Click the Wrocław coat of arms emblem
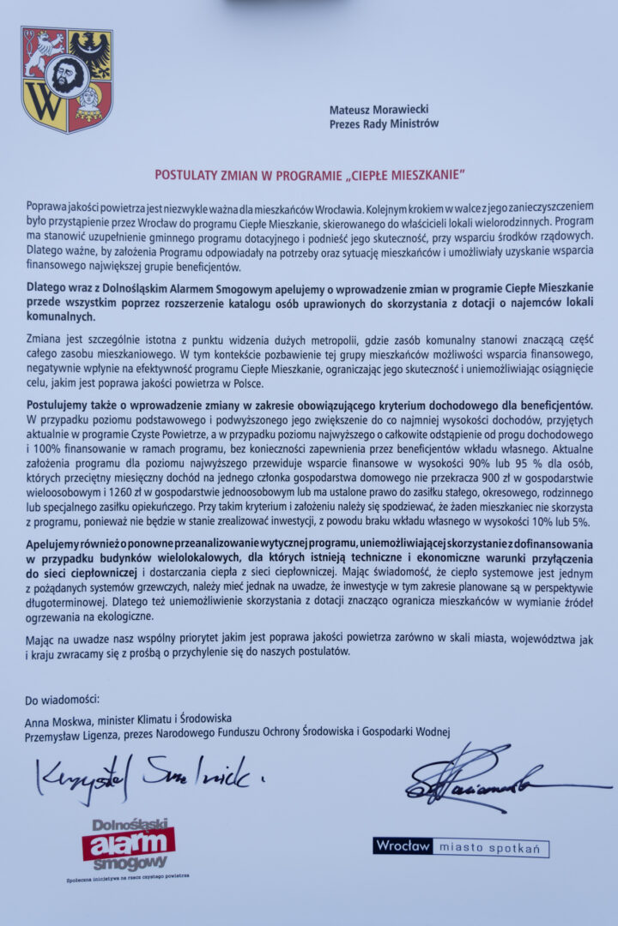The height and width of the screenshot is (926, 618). (x=67, y=79)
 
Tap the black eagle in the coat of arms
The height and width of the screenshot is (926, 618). (x=90, y=51)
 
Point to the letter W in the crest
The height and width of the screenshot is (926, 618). (x=44, y=108)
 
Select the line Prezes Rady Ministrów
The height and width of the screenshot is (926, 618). (x=384, y=123)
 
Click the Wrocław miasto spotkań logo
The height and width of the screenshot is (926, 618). (x=461, y=847)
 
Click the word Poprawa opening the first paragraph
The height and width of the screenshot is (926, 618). (x=46, y=207)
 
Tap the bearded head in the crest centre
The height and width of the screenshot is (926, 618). (x=66, y=76)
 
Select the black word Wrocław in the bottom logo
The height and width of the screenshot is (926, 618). (x=403, y=846)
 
